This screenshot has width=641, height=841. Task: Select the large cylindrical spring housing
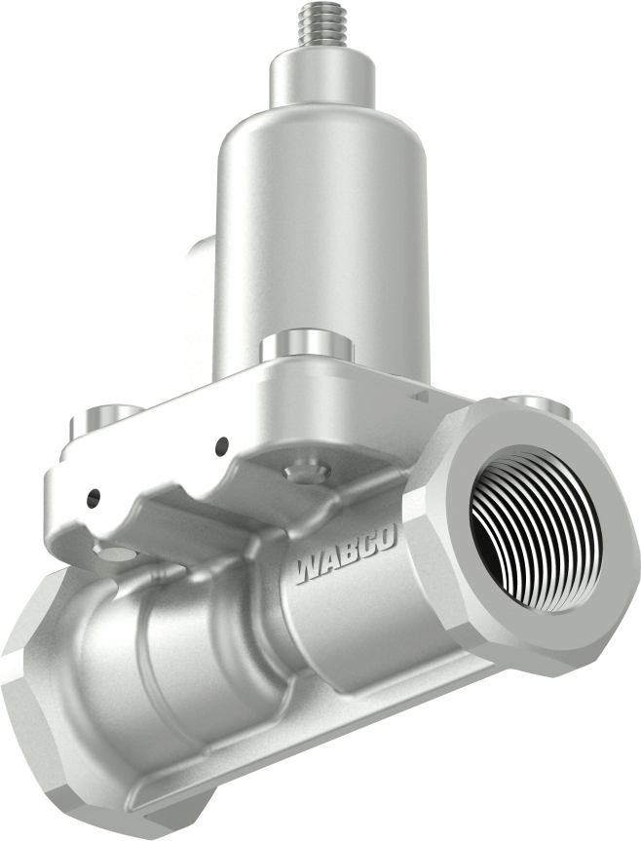pos(321,244)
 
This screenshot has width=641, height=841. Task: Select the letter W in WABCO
pos(309,566)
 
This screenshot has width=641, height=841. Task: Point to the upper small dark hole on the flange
pos(222,445)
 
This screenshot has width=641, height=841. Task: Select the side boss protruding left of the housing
pos(200,283)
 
